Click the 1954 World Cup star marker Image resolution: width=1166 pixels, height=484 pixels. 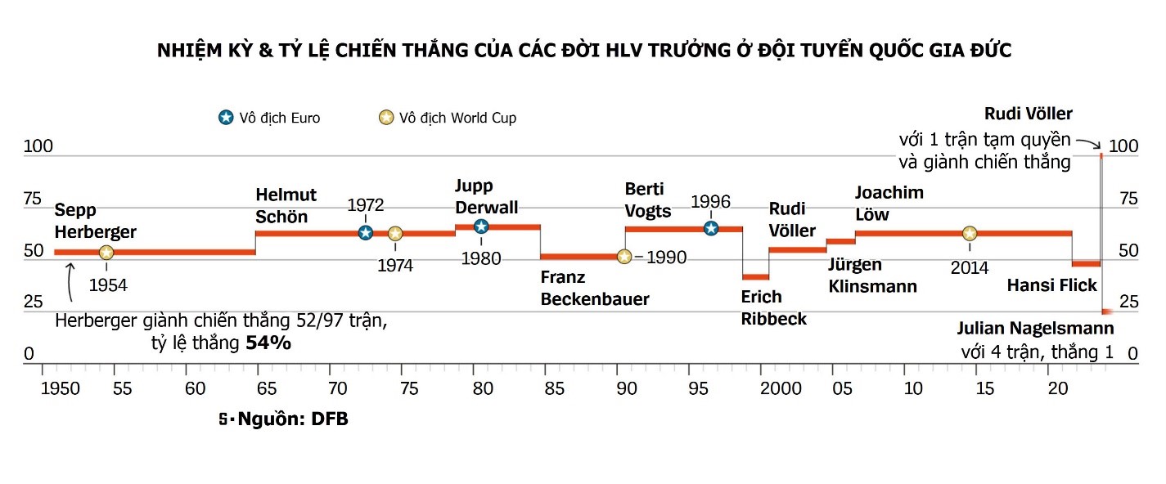106,253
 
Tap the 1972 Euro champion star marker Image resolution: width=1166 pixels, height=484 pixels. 366,233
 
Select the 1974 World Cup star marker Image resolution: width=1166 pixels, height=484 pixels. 395,234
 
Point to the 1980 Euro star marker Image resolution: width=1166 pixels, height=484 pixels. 481,226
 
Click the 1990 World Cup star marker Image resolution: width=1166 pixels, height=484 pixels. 624,257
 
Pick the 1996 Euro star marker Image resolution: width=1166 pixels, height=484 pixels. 711,228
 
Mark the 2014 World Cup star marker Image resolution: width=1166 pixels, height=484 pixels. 970,234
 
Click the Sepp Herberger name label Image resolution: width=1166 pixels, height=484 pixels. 95,221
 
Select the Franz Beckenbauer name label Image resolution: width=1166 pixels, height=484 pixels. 594,288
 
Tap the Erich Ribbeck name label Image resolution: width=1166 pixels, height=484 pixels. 773,307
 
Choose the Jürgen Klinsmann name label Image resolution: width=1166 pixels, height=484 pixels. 872,276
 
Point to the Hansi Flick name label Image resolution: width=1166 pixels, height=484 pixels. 1052,285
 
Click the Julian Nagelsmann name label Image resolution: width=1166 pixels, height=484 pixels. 1035,329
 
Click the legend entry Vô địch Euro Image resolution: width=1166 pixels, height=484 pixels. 269,118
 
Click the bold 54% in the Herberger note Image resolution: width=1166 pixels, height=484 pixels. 268,343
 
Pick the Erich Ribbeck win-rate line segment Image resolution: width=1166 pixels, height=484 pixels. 756,277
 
